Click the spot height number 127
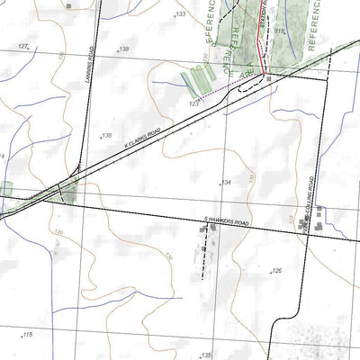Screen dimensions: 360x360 click(x=23, y=45)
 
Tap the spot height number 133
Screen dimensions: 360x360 click(x=180, y=14)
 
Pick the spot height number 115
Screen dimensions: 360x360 click(x=27, y=335)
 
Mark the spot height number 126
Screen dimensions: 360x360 click(x=276, y=270)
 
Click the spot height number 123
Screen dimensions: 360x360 click(x=193, y=104)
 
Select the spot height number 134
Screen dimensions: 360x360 click(x=226, y=183)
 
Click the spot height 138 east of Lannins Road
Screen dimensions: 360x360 click(x=124, y=49)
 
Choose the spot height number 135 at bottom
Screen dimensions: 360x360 click(x=206, y=355)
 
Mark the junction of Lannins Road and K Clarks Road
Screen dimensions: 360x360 click(x=65, y=186)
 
